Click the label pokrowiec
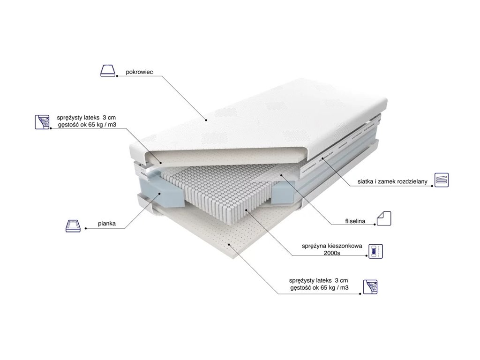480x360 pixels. (x=140, y=73)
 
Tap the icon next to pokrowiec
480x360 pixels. (x=107, y=71)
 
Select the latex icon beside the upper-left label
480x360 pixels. (x=42, y=121)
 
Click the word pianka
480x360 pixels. (x=107, y=225)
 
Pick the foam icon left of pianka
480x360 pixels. (x=73, y=225)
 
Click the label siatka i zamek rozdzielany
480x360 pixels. (x=391, y=181)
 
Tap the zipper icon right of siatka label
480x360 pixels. (x=442, y=180)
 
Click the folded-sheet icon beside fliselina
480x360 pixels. (x=384, y=218)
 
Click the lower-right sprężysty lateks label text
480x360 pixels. (x=319, y=284)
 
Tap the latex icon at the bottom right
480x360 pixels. (x=370, y=286)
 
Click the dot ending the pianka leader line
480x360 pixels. (x=86, y=228)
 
